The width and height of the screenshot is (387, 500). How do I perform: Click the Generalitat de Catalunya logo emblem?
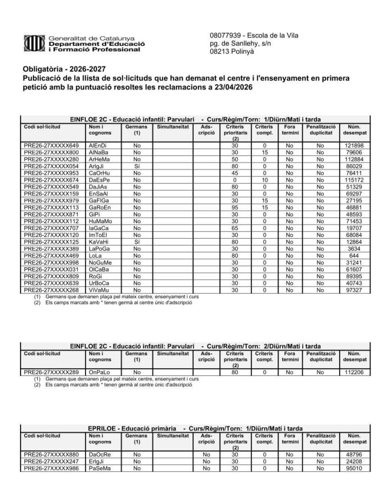point(34,43)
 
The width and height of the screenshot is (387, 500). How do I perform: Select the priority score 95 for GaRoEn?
point(235,207)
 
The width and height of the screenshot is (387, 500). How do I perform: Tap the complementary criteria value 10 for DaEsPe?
point(265,180)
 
